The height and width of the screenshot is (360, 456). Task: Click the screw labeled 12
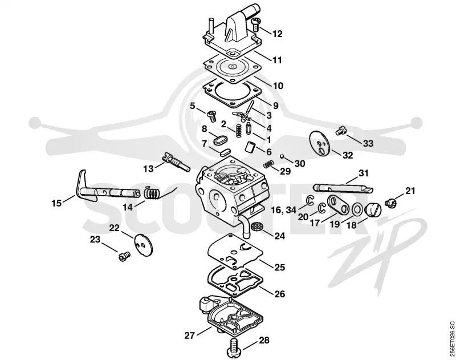coord(255,24)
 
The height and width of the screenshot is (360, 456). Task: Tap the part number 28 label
coord(264,340)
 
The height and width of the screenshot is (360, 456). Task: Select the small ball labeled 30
coord(282,157)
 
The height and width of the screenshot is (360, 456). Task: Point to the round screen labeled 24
coord(255,226)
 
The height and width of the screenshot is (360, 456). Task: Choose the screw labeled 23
coord(124,256)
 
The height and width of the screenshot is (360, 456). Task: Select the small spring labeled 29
coord(268,165)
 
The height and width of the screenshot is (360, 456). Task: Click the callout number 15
coord(56,203)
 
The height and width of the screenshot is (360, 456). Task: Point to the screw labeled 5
coord(211,116)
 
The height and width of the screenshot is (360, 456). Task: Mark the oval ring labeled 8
coord(219,139)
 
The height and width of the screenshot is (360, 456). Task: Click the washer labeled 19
coord(357,209)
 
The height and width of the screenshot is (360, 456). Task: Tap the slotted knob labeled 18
coord(372,210)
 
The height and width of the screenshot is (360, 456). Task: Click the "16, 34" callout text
coord(283,210)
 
